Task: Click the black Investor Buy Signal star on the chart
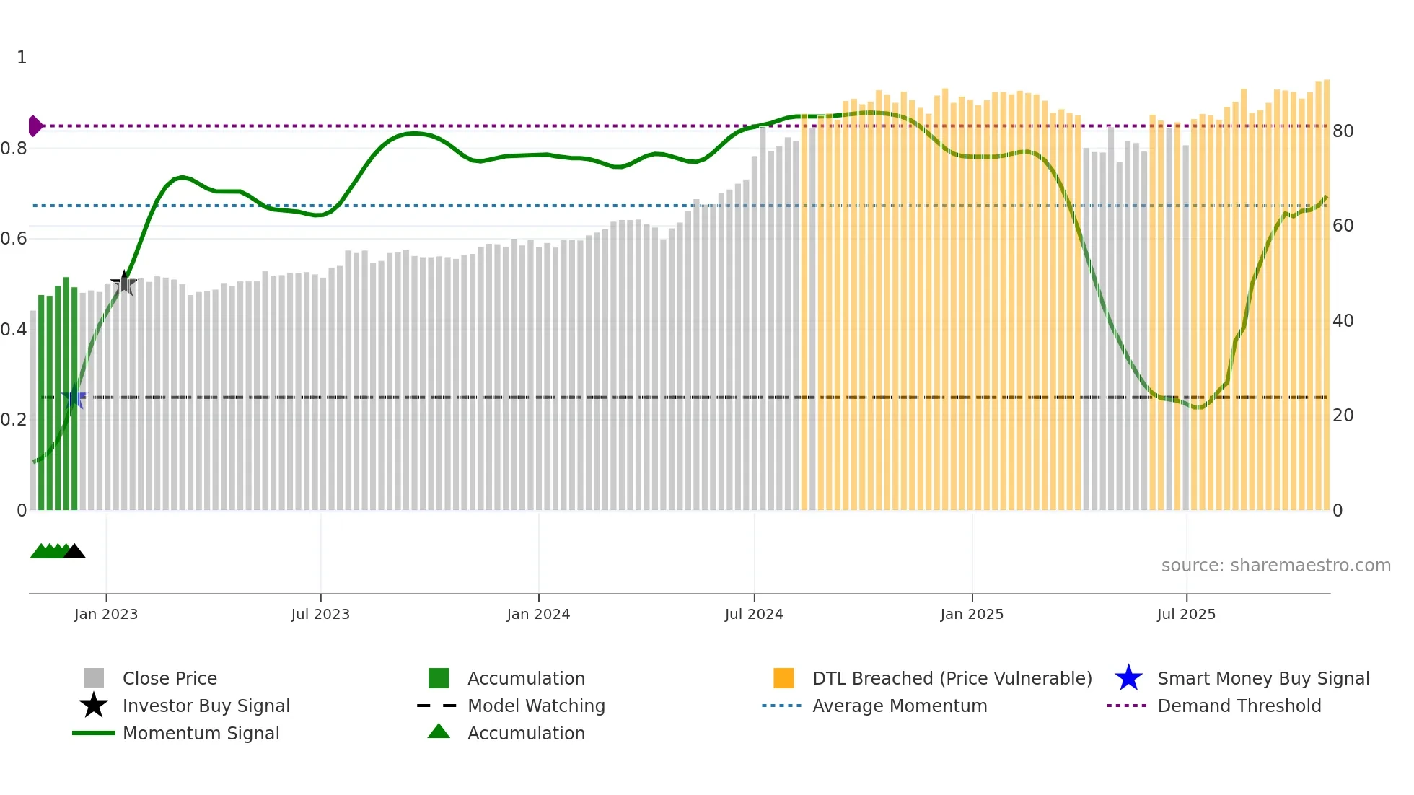(124, 284)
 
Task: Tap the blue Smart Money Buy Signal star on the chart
(75, 397)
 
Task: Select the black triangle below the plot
(74, 552)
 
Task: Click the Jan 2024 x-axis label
(538, 614)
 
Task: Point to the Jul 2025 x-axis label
(1186, 614)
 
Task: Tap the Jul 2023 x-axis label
(320, 614)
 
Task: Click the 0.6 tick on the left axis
(14, 239)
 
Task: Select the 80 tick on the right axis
(1343, 131)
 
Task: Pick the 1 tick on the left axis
(22, 58)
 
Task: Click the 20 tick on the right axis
(1343, 416)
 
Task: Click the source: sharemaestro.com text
(1275, 566)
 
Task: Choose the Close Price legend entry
(170, 679)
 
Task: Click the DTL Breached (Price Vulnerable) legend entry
(952, 679)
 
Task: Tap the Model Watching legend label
(536, 706)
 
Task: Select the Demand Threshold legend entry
(1239, 706)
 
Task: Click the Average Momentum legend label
(899, 706)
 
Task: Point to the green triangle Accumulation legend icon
(439, 732)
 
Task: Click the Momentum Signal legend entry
(201, 734)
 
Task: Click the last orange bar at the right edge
(1326, 289)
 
